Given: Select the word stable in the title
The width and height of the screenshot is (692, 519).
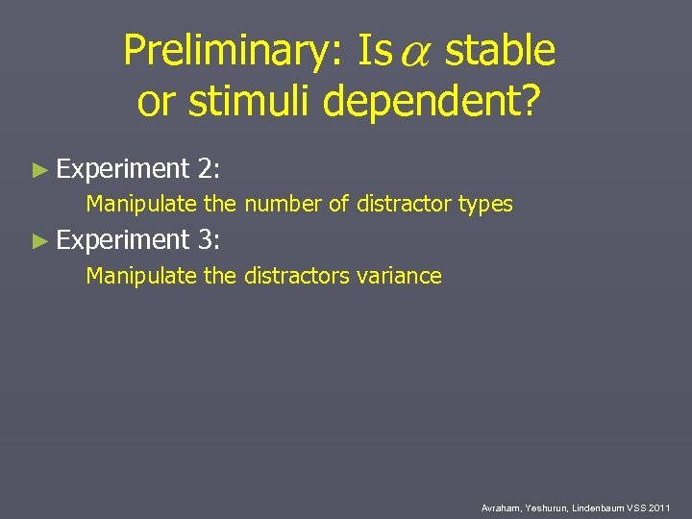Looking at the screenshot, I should tap(501, 51).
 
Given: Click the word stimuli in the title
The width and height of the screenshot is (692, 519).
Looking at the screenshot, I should tap(254, 100).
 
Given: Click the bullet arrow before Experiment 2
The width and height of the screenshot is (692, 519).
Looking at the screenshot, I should tap(39, 170).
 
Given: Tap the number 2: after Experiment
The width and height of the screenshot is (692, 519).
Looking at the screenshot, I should tap(210, 169).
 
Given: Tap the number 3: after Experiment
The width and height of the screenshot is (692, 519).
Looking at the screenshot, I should tap(210, 241).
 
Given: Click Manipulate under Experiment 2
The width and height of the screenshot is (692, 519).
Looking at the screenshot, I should tap(141, 204).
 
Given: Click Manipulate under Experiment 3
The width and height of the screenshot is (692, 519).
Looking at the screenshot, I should tap(141, 277).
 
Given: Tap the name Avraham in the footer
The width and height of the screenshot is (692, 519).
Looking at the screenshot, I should tap(501, 507).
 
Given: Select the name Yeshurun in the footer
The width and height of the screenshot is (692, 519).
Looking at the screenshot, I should tap(546, 507).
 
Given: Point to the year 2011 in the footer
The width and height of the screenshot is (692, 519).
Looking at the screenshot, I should tap(659, 507).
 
